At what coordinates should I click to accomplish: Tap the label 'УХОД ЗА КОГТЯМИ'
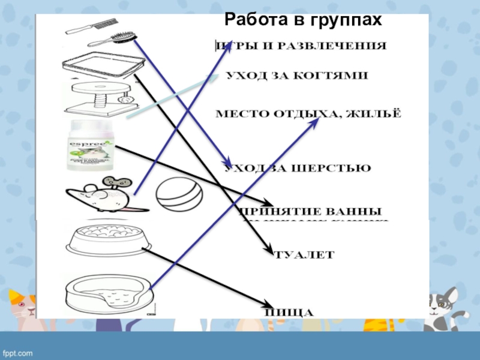tap(297, 76)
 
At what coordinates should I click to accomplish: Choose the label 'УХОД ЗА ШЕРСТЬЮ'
tap(298, 169)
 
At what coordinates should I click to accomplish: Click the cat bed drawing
tap(108, 295)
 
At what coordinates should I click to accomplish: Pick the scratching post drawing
tap(99, 99)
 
